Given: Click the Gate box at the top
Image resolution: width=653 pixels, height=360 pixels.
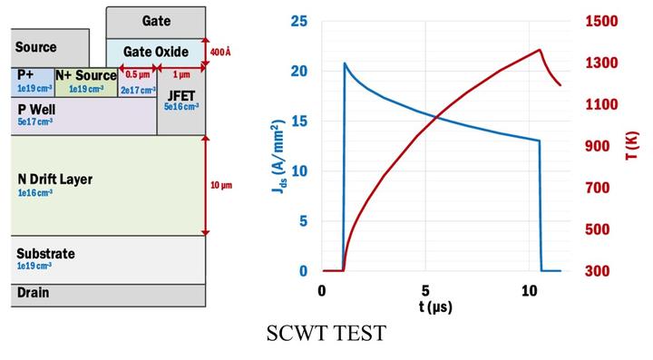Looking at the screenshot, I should (x=156, y=21).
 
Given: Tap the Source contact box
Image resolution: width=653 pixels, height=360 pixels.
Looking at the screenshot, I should (x=36, y=47).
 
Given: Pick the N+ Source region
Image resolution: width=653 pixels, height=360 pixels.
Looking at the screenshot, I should (x=86, y=81).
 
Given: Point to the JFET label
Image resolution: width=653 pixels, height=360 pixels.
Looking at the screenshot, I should (x=180, y=93).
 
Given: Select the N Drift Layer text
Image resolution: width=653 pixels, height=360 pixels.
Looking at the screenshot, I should (x=55, y=180).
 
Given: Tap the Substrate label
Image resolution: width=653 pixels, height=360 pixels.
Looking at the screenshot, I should (x=45, y=254).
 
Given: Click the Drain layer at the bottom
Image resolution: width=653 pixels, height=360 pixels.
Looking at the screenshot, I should (x=33, y=293).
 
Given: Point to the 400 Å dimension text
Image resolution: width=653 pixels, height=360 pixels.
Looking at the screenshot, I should (x=219, y=53).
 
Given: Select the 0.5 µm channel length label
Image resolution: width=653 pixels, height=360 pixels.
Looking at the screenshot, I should (x=137, y=74).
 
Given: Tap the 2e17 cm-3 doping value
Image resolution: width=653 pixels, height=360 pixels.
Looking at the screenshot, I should (x=137, y=89).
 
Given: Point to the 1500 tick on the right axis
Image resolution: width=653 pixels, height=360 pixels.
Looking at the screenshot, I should (x=598, y=21).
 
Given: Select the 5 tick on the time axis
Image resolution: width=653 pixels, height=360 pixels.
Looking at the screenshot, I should (x=425, y=290).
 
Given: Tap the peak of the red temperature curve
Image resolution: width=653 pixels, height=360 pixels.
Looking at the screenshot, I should (x=540, y=50).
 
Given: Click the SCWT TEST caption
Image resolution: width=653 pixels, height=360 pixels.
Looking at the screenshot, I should (x=326, y=334).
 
